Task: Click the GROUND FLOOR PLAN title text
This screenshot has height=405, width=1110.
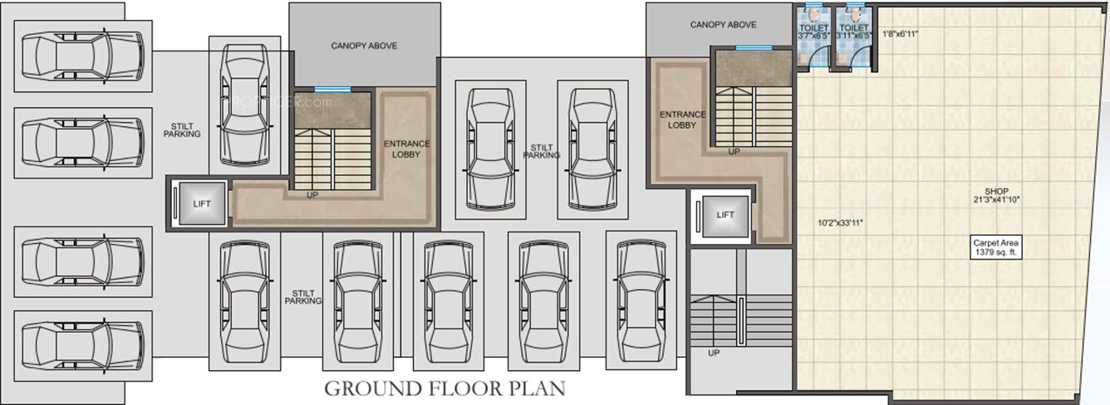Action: pos(444,388)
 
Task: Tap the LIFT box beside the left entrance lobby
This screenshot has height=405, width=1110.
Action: pos(199,203)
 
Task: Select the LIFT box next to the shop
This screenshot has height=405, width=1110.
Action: pos(724,215)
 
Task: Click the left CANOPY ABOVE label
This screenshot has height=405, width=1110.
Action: pos(364,46)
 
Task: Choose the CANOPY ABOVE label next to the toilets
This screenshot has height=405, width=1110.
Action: pos(723,25)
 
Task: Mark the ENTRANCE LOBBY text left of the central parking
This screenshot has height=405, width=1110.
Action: pos(406,149)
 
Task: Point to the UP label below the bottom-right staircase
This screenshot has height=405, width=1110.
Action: pos(713,353)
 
